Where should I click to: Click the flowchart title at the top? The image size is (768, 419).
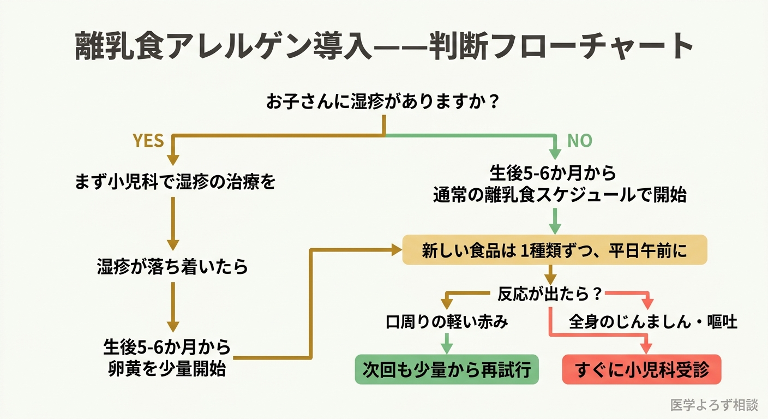point(383,46)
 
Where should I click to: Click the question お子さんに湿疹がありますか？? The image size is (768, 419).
point(383,102)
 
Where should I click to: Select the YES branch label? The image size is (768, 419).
point(148,141)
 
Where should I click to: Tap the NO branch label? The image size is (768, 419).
point(579,141)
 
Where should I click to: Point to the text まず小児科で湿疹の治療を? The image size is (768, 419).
point(175,182)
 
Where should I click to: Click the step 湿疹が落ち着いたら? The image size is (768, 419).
point(172,267)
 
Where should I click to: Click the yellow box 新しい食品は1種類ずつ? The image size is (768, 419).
point(554,250)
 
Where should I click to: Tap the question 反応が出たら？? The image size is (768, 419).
point(550,295)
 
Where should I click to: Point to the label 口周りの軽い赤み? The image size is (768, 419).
point(447,322)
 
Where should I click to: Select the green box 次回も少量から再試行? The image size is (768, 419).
point(447,369)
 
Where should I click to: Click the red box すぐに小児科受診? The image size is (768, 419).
point(641,369)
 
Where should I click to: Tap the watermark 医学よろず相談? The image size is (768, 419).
point(714,405)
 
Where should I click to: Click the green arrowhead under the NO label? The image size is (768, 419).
point(555,154)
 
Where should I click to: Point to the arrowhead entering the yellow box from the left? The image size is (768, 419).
point(395,250)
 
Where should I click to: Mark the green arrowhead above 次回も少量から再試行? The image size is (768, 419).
point(447,348)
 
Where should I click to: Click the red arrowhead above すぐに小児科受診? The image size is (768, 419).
point(647,348)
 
